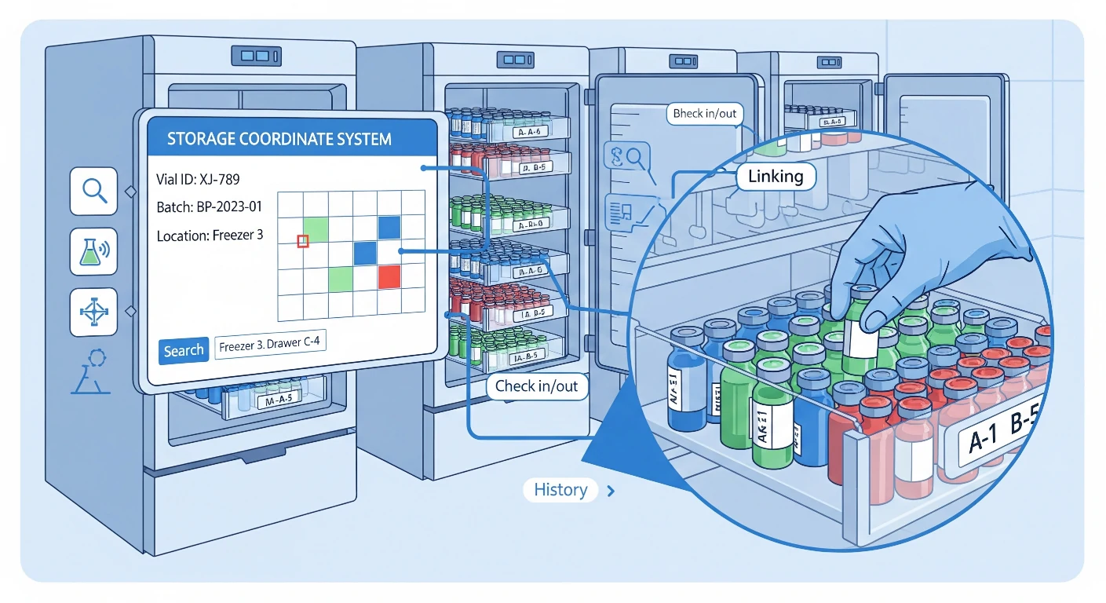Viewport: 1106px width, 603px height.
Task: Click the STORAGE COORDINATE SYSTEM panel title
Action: [x=279, y=140]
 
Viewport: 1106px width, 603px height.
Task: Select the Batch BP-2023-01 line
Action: [x=210, y=207]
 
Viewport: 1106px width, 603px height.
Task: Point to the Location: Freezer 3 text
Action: [x=210, y=235]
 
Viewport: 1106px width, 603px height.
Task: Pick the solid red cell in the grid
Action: [x=389, y=276]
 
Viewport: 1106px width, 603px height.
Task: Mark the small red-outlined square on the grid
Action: [x=303, y=241]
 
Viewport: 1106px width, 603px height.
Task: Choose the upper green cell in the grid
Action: [x=316, y=228]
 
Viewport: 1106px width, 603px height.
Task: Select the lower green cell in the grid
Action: [x=341, y=277]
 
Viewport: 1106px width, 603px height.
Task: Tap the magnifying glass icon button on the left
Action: [x=93, y=191]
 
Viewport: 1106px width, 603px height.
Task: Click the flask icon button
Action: [x=93, y=251]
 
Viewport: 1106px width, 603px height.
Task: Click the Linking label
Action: [x=776, y=177]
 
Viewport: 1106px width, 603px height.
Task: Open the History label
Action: [x=560, y=490]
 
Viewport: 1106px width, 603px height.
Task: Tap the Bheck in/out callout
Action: [x=705, y=114]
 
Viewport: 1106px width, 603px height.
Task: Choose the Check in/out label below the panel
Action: [x=537, y=386]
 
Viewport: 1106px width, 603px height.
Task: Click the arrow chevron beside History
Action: [x=611, y=492]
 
